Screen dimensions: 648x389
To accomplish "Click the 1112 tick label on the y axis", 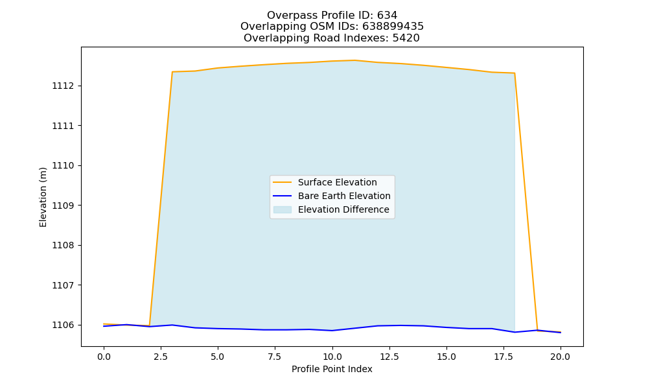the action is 63,86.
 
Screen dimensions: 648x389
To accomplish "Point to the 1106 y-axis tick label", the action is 63,325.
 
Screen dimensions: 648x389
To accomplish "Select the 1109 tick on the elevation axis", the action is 63,206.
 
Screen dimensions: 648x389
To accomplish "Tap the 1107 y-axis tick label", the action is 63,285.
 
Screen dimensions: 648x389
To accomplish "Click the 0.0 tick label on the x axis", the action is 104,357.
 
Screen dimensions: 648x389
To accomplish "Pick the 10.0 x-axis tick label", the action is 332,357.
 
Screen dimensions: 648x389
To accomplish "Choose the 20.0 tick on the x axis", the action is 561,357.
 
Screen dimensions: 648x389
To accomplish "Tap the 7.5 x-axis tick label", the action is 275,357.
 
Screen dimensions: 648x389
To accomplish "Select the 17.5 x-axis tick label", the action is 503,357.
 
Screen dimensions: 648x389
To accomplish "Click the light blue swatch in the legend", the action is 283,209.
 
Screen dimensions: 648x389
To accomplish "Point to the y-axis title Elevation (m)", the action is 43,197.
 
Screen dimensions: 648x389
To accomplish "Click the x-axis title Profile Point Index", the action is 332,369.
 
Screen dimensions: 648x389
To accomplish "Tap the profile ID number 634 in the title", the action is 388,16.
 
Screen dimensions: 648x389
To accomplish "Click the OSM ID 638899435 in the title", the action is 393,27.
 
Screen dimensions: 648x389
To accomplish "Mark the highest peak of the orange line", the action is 354,60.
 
